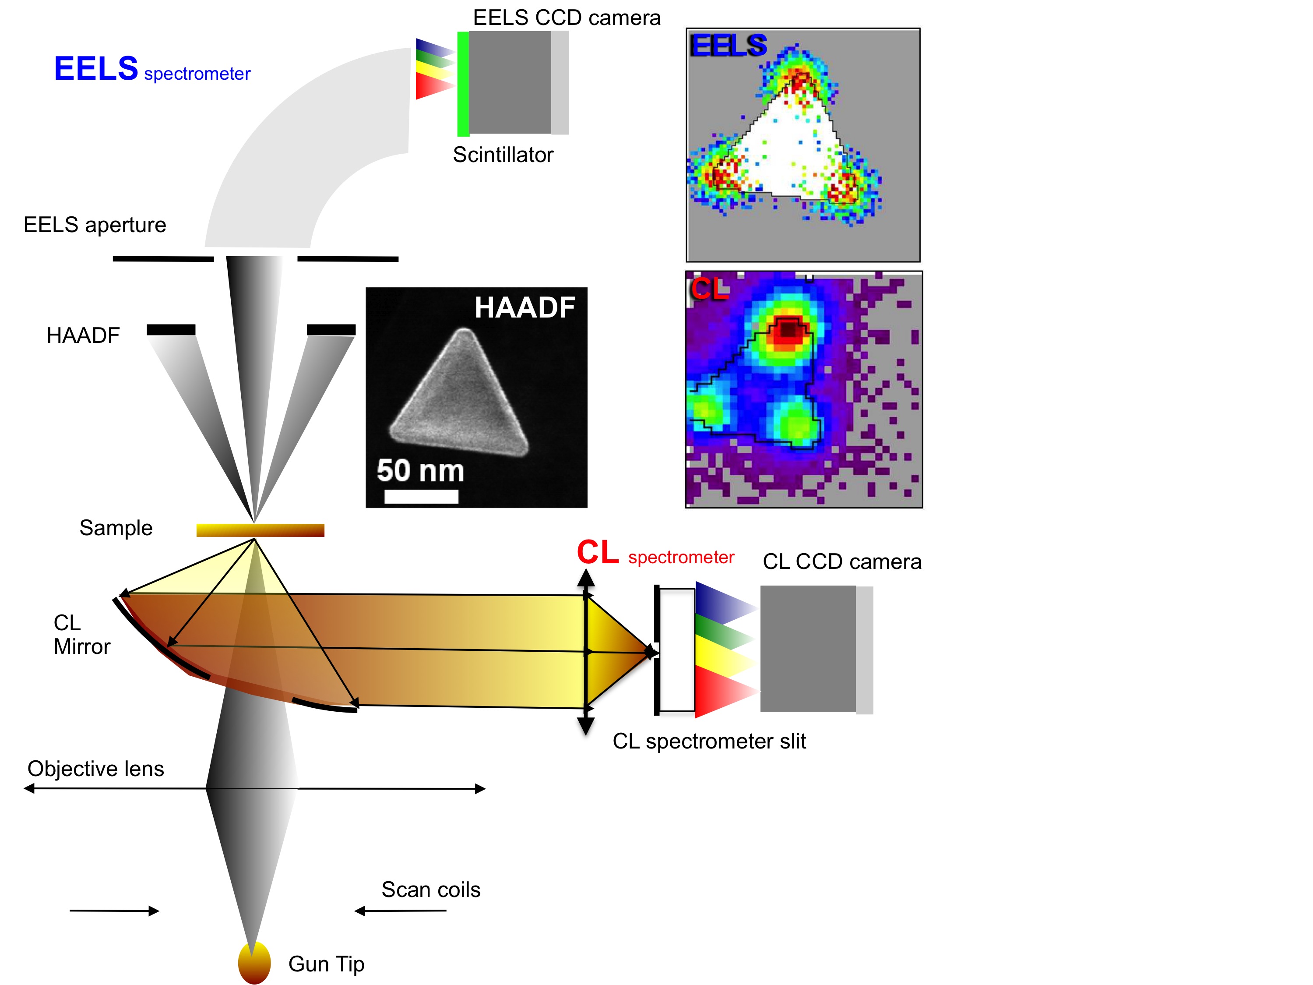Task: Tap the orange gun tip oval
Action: pyautogui.click(x=254, y=962)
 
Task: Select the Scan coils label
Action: pyautogui.click(x=430, y=890)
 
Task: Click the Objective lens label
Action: pyautogui.click(x=95, y=769)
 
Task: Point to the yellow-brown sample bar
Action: pyautogui.click(x=260, y=530)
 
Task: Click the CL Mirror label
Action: pyautogui.click(x=81, y=635)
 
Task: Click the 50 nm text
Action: pyautogui.click(x=420, y=470)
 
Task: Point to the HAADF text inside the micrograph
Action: pyautogui.click(x=525, y=307)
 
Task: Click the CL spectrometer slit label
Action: pyautogui.click(x=709, y=741)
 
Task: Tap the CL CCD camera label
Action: pyautogui.click(x=842, y=561)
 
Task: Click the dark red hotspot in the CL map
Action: pyautogui.click(x=788, y=329)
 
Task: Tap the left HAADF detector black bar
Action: pyautogui.click(x=171, y=329)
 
